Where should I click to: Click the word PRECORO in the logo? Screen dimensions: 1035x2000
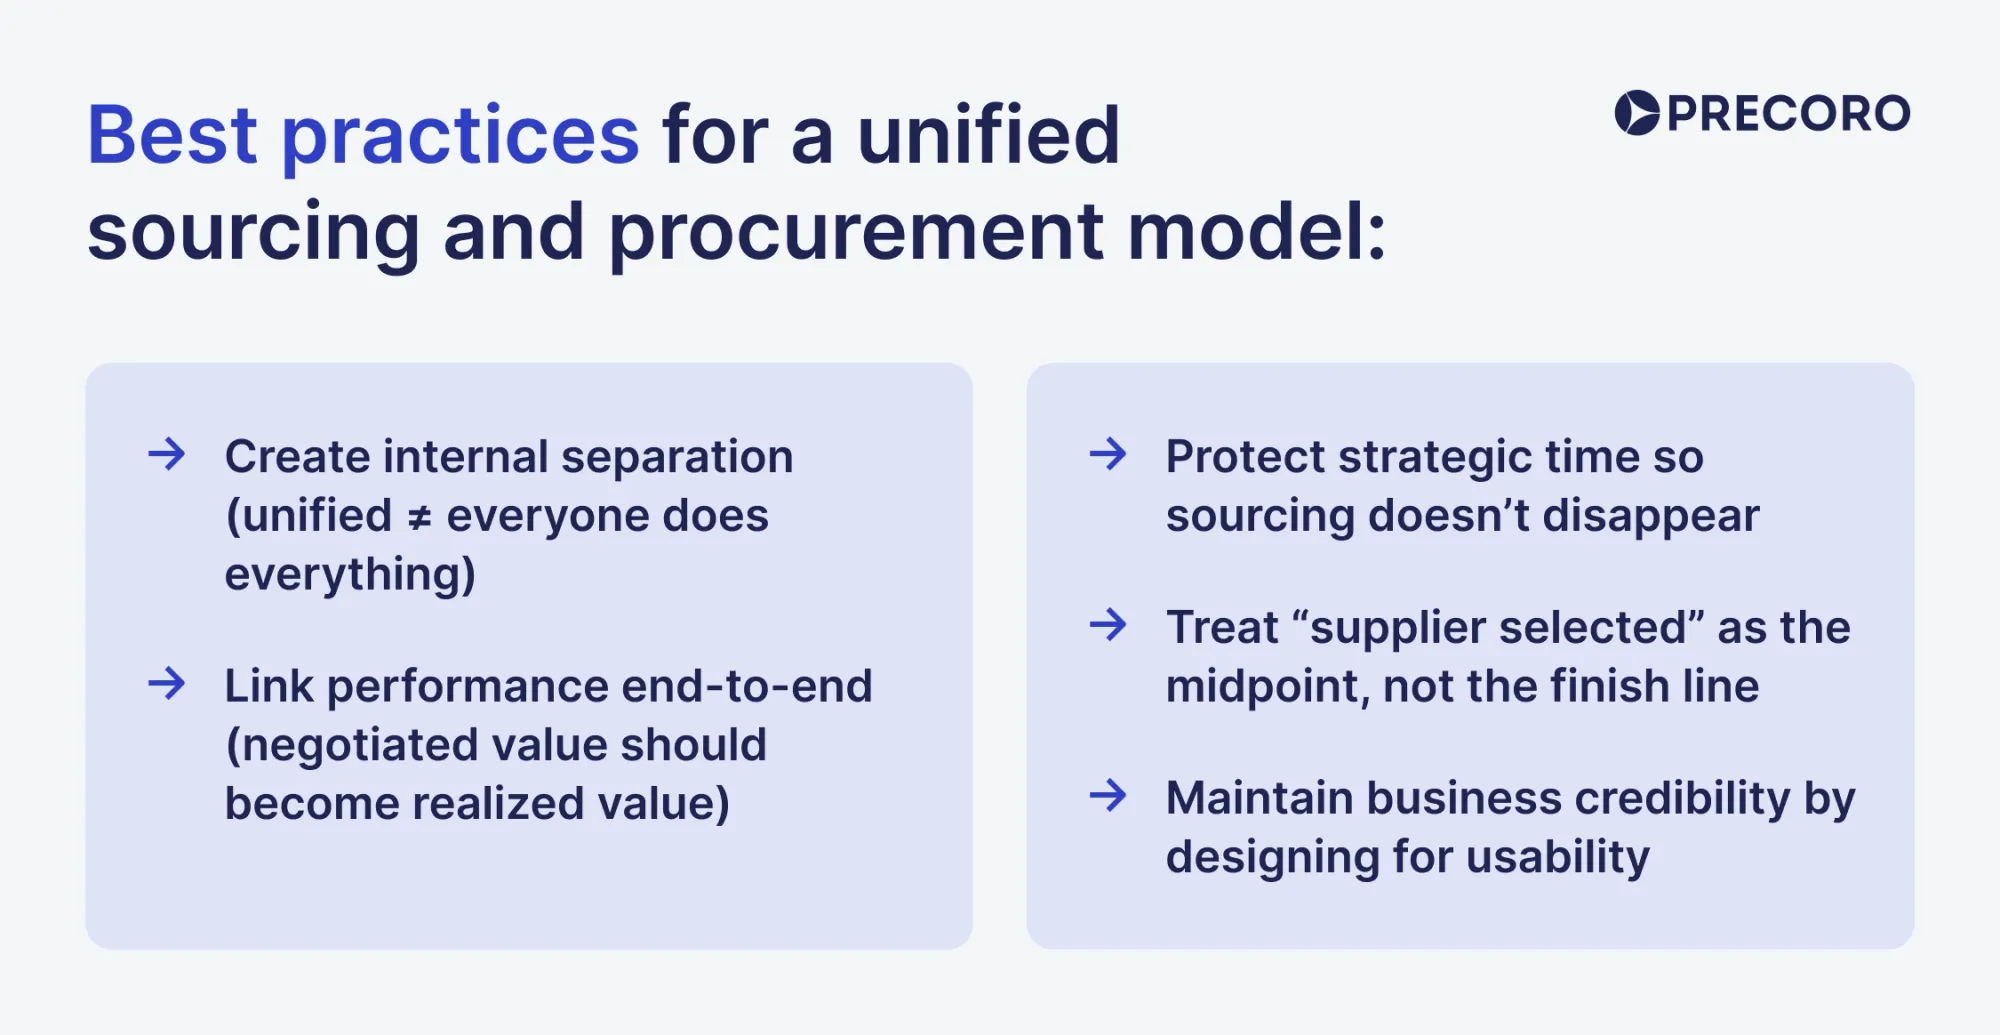tap(1788, 113)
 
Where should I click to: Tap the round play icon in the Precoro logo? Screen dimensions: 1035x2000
tap(1637, 113)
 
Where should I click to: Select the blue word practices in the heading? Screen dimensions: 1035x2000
tap(460, 137)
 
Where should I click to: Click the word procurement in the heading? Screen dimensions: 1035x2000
tap(856, 233)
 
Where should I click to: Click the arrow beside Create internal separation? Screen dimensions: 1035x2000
tap(167, 454)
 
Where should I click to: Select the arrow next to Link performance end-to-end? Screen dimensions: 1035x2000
tap(167, 684)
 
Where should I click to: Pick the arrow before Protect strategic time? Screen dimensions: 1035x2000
tap(1108, 454)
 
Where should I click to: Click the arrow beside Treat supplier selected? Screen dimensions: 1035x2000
tap(1108, 625)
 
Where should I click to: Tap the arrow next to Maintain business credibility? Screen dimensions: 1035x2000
tap(1108, 796)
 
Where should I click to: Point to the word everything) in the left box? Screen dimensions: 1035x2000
tap(350, 575)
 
